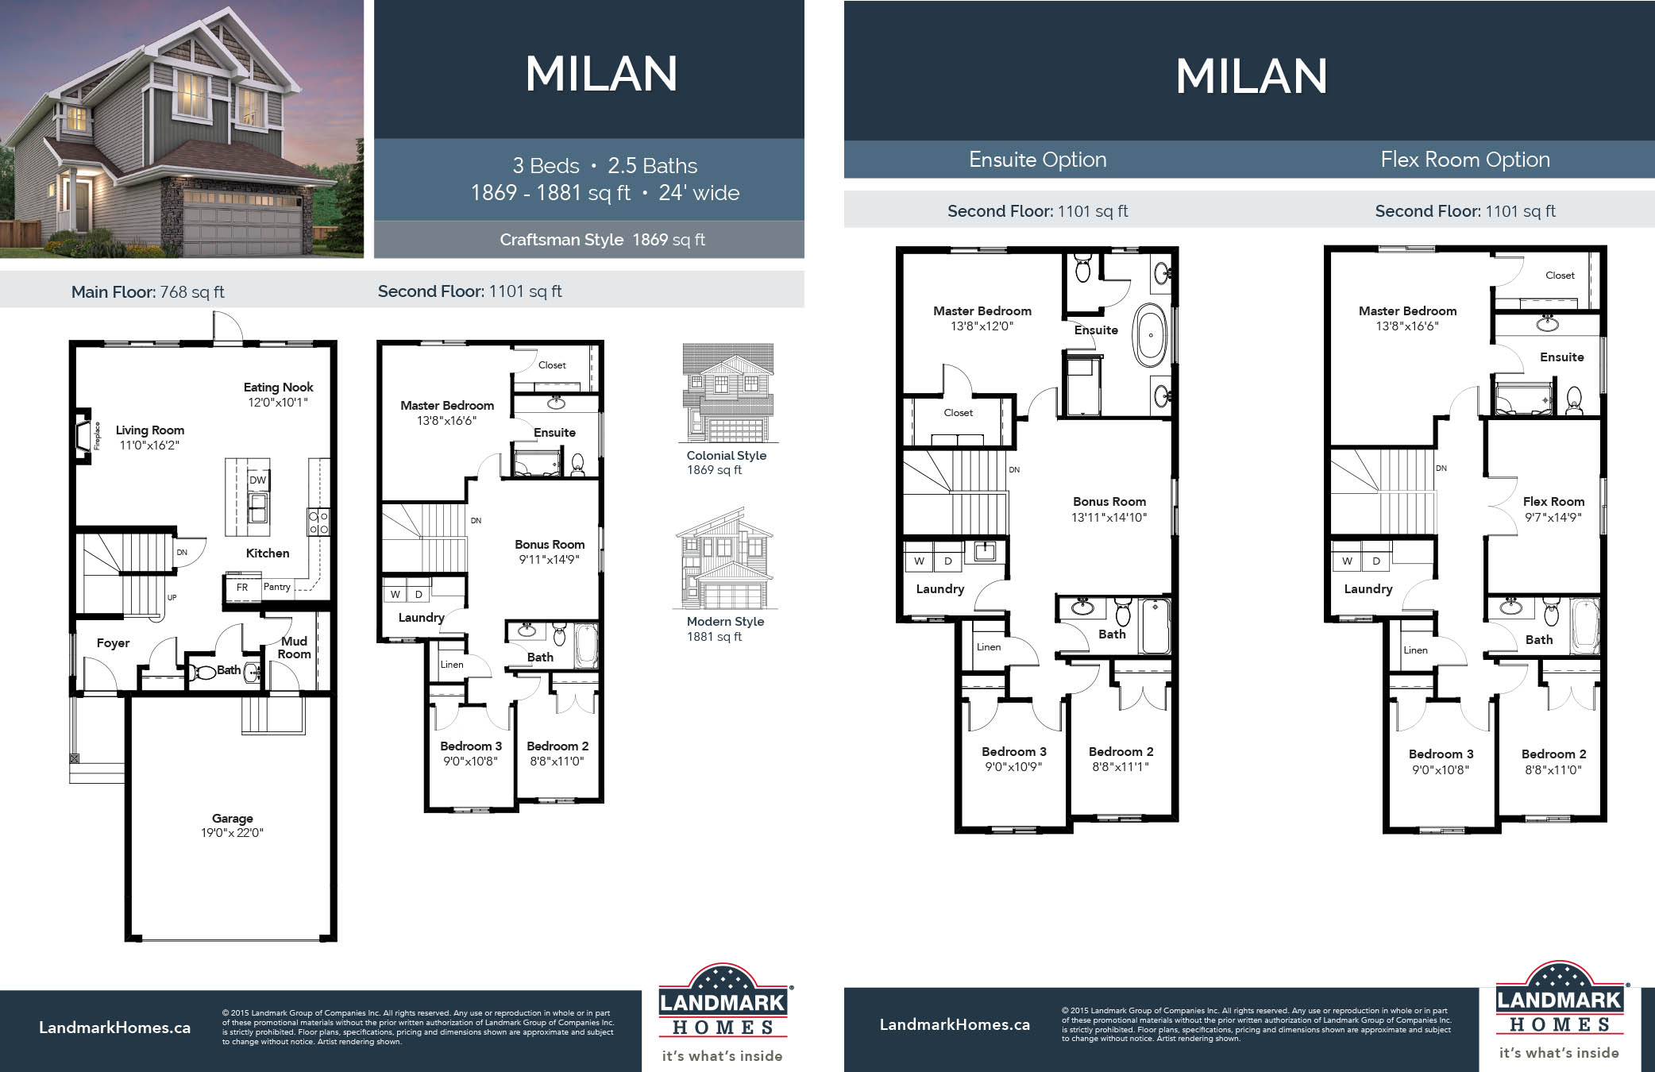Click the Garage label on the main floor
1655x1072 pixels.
232,818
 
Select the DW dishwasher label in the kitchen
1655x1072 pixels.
257,480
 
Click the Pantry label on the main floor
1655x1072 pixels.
277,587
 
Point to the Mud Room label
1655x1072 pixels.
294,647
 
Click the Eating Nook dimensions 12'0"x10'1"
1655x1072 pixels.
278,403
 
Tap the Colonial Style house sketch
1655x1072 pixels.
727,393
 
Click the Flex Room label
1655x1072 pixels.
1553,502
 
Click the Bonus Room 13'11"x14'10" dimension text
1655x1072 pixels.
1109,518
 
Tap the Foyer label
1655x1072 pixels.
113,643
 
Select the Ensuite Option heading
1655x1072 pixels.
1037,160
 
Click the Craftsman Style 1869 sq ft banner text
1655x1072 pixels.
602,240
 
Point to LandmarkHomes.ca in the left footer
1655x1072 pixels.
114,1028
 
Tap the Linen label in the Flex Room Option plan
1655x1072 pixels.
1415,650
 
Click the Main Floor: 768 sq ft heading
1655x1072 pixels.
148,292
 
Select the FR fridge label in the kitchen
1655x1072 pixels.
242,588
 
